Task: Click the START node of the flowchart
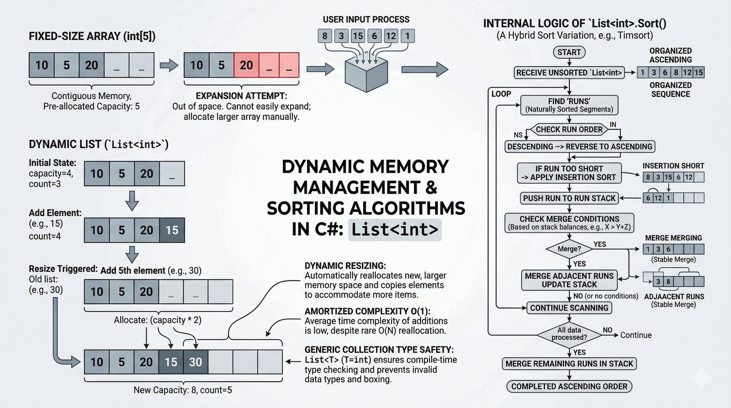coord(569,52)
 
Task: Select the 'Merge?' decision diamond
coord(569,249)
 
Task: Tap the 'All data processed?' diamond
coord(569,334)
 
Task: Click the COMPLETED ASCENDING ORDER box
coord(569,387)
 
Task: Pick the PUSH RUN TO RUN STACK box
coord(569,198)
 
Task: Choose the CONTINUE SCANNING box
coord(569,308)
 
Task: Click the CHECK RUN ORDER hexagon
coord(569,130)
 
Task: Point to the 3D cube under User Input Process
coord(366,74)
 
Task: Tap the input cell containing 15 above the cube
coord(358,36)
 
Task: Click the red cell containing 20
coord(246,65)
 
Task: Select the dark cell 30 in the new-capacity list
coord(196,362)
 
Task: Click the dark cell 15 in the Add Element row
coord(172,230)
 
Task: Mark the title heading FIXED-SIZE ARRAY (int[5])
coord(92,37)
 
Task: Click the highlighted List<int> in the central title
coord(395,229)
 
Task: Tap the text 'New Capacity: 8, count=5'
coord(183,390)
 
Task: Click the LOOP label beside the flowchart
coord(501,94)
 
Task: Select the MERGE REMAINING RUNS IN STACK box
coord(569,364)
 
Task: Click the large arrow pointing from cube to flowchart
coord(425,69)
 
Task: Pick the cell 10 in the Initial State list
coord(97,174)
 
